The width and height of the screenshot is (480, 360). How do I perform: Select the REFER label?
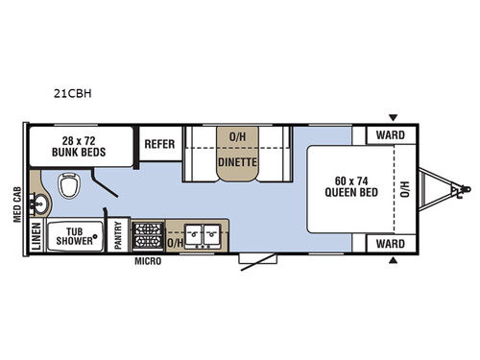159,144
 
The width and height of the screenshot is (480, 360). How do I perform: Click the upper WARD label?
390,135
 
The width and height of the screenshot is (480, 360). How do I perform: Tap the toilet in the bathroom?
69,185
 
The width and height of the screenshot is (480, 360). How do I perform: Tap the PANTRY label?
118,236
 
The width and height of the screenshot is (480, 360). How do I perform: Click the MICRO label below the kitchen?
147,260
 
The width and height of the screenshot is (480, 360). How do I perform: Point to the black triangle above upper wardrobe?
392,117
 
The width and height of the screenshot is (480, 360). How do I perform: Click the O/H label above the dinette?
236,135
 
